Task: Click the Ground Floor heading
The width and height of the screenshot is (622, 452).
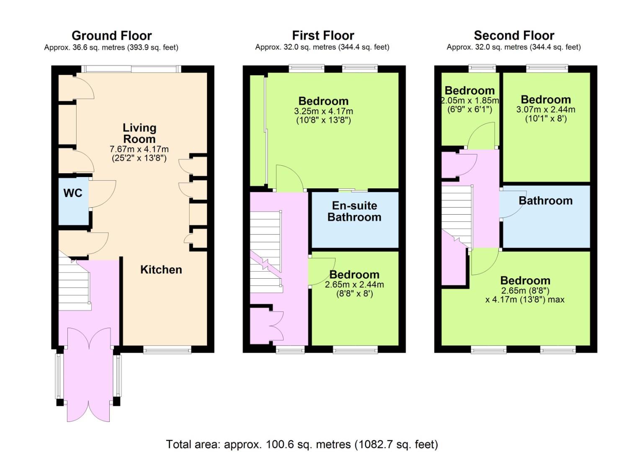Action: [x=112, y=36]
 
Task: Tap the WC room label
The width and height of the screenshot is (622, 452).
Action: [x=73, y=193]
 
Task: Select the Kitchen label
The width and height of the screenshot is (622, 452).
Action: [x=161, y=270]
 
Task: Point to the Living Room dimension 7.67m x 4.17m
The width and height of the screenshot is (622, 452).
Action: [x=139, y=149]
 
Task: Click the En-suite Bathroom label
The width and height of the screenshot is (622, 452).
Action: [x=354, y=211]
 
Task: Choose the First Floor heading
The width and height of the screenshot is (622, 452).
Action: [x=323, y=36]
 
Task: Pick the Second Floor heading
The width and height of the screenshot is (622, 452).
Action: [x=514, y=36]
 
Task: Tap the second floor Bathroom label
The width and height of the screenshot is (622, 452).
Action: [x=546, y=200]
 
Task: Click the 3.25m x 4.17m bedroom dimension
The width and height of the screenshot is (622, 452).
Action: [x=323, y=111]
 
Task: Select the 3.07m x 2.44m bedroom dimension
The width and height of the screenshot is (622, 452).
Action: [x=546, y=110]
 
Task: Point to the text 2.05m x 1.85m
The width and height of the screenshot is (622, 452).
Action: [x=470, y=100]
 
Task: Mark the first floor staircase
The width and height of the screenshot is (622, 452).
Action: [x=266, y=252]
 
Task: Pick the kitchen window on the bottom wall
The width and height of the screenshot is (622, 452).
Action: [x=167, y=349]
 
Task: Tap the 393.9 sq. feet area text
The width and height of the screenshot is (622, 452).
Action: [x=152, y=47]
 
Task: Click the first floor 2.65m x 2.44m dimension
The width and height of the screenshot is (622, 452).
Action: [x=354, y=285]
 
